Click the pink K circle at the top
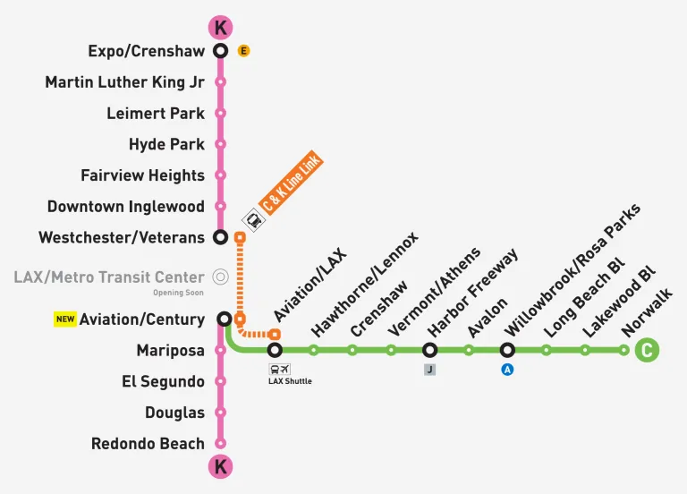click(x=220, y=27)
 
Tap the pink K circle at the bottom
click(x=220, y=466)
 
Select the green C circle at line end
click(x=646, y=350)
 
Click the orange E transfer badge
click(x=243, y=51)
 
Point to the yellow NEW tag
click(x=64, y=319)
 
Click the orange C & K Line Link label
click(x=292, y=183)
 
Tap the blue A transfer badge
click(x=507, y=368)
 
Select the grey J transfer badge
click(x=429, y=368)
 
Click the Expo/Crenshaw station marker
click(x=220, y=51)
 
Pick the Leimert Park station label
click(x=155, y=114)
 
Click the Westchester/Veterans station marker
click(x=220, y=237)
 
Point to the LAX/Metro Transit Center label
click(x=109, y=277)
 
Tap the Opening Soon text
click(x=178, y=293)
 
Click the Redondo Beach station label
click(x=148, y=444)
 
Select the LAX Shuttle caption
click(x=290, y=381)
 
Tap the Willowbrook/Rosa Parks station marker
click(x=507, y=350)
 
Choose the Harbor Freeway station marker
click(x=429, y=350)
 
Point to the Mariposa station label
click(x=170, y=351)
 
